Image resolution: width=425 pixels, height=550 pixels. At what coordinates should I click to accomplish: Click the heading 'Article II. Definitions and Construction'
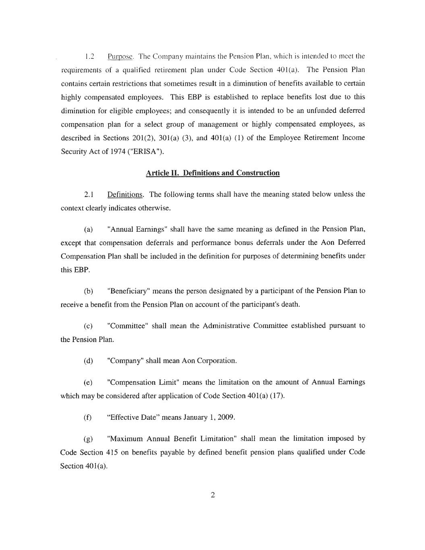pos(212,173)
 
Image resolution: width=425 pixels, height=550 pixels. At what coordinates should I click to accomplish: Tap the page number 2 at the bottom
pos(213,495)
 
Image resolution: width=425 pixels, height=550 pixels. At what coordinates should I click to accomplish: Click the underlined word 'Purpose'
pos(117,56)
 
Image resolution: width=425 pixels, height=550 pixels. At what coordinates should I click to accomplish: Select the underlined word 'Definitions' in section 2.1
pos(125,195)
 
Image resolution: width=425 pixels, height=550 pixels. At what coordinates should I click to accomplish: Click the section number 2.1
pos(89,195)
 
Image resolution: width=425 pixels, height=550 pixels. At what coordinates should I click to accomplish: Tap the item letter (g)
pos(88,439)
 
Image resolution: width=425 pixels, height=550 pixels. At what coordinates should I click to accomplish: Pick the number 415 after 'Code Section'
pos(112,452)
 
